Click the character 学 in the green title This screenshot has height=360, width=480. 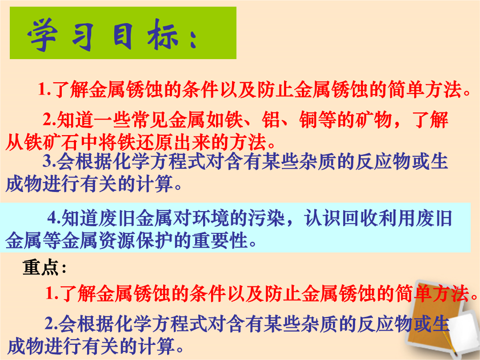click(42, 34)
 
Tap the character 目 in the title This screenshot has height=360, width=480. click(123, 36)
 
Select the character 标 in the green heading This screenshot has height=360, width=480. click(163, 36)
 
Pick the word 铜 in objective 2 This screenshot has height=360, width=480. click(308, 120)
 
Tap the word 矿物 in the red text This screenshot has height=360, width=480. click(374, 120)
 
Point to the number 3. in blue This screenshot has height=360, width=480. click(49, 161)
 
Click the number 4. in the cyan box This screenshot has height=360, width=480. click(54, 218)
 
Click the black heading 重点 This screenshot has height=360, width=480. click(40, 267)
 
